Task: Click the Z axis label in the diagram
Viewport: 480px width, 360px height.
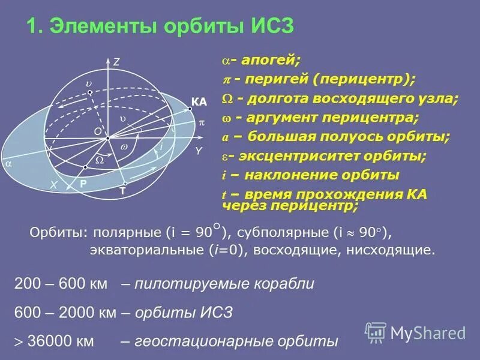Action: click(x=117, y=61)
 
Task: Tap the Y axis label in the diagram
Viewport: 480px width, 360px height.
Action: click(x=198, y=151)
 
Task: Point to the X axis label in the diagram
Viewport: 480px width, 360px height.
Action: click(x=53, y=186)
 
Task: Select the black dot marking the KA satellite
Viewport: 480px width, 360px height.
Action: click(x=191, y=109)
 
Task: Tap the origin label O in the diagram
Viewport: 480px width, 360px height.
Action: click(x=97, y=130)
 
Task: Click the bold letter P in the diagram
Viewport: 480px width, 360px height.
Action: click(x=83, y=186)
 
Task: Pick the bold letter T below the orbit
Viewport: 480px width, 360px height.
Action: click(x=122, y=191)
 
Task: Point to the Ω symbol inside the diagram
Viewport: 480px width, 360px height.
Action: click(x=100, y=161)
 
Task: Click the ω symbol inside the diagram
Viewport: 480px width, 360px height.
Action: click(x=124, y=146)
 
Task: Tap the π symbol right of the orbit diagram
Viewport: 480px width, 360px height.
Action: click(x=202, y=122)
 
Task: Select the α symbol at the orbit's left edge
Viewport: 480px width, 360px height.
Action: click(x=8, y=162)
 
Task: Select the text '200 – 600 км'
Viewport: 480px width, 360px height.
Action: click(x=60, y=284)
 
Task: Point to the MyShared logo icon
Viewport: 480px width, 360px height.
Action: click(x=376, y=332)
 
